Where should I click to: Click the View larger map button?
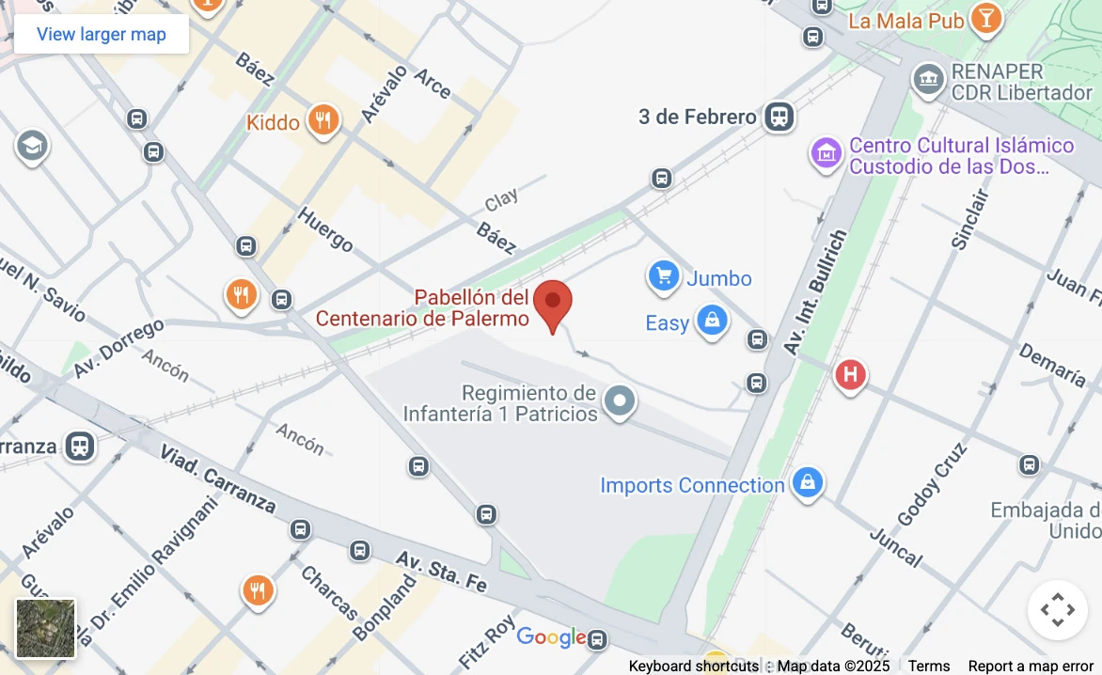click(102, 35)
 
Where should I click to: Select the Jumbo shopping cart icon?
click(664, 277)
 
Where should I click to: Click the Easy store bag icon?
click(712, 322)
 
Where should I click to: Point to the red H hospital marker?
click(850, 376)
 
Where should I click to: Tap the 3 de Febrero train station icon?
click(779, 118)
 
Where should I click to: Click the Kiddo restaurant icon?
click(323, 121)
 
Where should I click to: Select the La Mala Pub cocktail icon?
click(985, 18)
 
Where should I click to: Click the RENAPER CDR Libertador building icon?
click(928, 81)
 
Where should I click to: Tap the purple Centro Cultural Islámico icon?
click(826, 153)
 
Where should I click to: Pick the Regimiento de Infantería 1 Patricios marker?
click(619, 402)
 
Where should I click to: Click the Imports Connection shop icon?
click(807, 484)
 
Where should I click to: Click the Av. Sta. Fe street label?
click(441, 571)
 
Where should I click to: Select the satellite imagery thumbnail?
click(45, 628)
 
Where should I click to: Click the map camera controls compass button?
click(1057, 610)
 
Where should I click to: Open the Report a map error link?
click(1031, 666)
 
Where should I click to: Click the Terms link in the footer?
click(928, 666)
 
